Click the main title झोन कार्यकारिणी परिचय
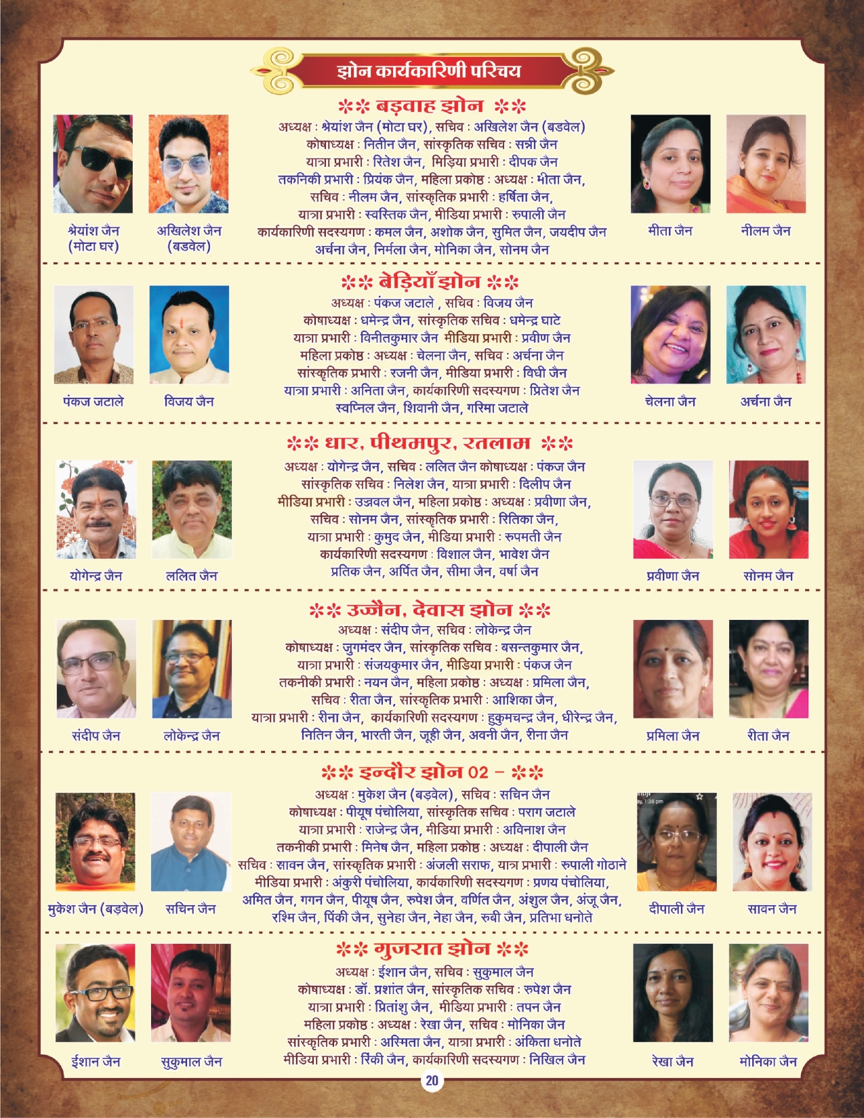429,70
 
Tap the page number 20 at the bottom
432,1081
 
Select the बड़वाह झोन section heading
432,106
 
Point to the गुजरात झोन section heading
432,948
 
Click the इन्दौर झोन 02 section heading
432,772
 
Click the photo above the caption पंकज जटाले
94,335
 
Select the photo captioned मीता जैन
670,164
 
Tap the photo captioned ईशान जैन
96,993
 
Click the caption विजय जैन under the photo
189,402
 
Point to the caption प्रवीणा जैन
673,576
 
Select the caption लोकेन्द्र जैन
192,736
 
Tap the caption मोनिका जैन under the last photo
768,1062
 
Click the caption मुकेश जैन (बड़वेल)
96,909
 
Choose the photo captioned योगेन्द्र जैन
96,510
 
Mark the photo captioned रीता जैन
768,669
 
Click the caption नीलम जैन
766,231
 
